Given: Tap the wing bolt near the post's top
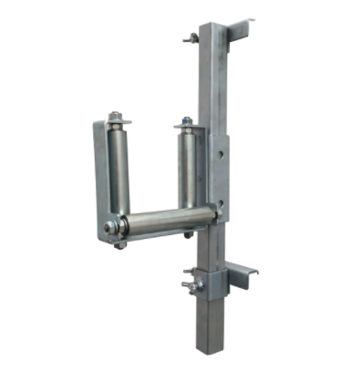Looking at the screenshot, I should (190, 38).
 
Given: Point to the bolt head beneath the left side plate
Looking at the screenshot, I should (119, 244).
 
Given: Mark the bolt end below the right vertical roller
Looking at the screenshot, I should (189, 234).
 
